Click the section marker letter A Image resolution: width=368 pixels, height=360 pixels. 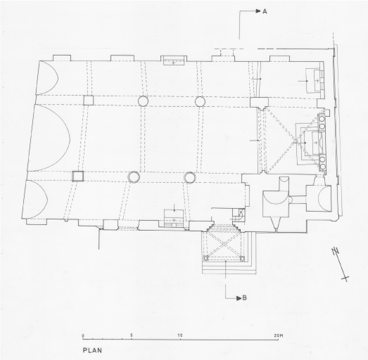click(265, 11)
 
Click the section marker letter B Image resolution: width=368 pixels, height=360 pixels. click(244, 298)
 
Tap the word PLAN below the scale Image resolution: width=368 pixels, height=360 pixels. click(92, 350)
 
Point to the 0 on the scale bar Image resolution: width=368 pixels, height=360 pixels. click(83, 336)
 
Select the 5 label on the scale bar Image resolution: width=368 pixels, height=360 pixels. click(131, 335)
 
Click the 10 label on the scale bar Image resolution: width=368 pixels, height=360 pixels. click(179, 335)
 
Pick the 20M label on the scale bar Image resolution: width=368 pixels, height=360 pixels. click(279, 335)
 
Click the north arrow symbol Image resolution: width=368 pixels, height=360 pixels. click(340, 264)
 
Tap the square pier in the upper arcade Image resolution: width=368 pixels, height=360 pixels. click(89, 100)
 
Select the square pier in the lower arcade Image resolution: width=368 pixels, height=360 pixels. click(77, 176)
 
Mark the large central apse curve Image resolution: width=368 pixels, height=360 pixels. click(70, 139)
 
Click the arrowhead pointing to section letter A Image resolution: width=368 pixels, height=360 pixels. click(258, 11)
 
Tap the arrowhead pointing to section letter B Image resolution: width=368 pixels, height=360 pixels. click(239, 298)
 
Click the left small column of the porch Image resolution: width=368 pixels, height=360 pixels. click(206, 258)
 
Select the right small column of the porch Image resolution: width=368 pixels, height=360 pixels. click(242, 259)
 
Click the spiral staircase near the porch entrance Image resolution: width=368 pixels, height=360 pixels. click(240, 214)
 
